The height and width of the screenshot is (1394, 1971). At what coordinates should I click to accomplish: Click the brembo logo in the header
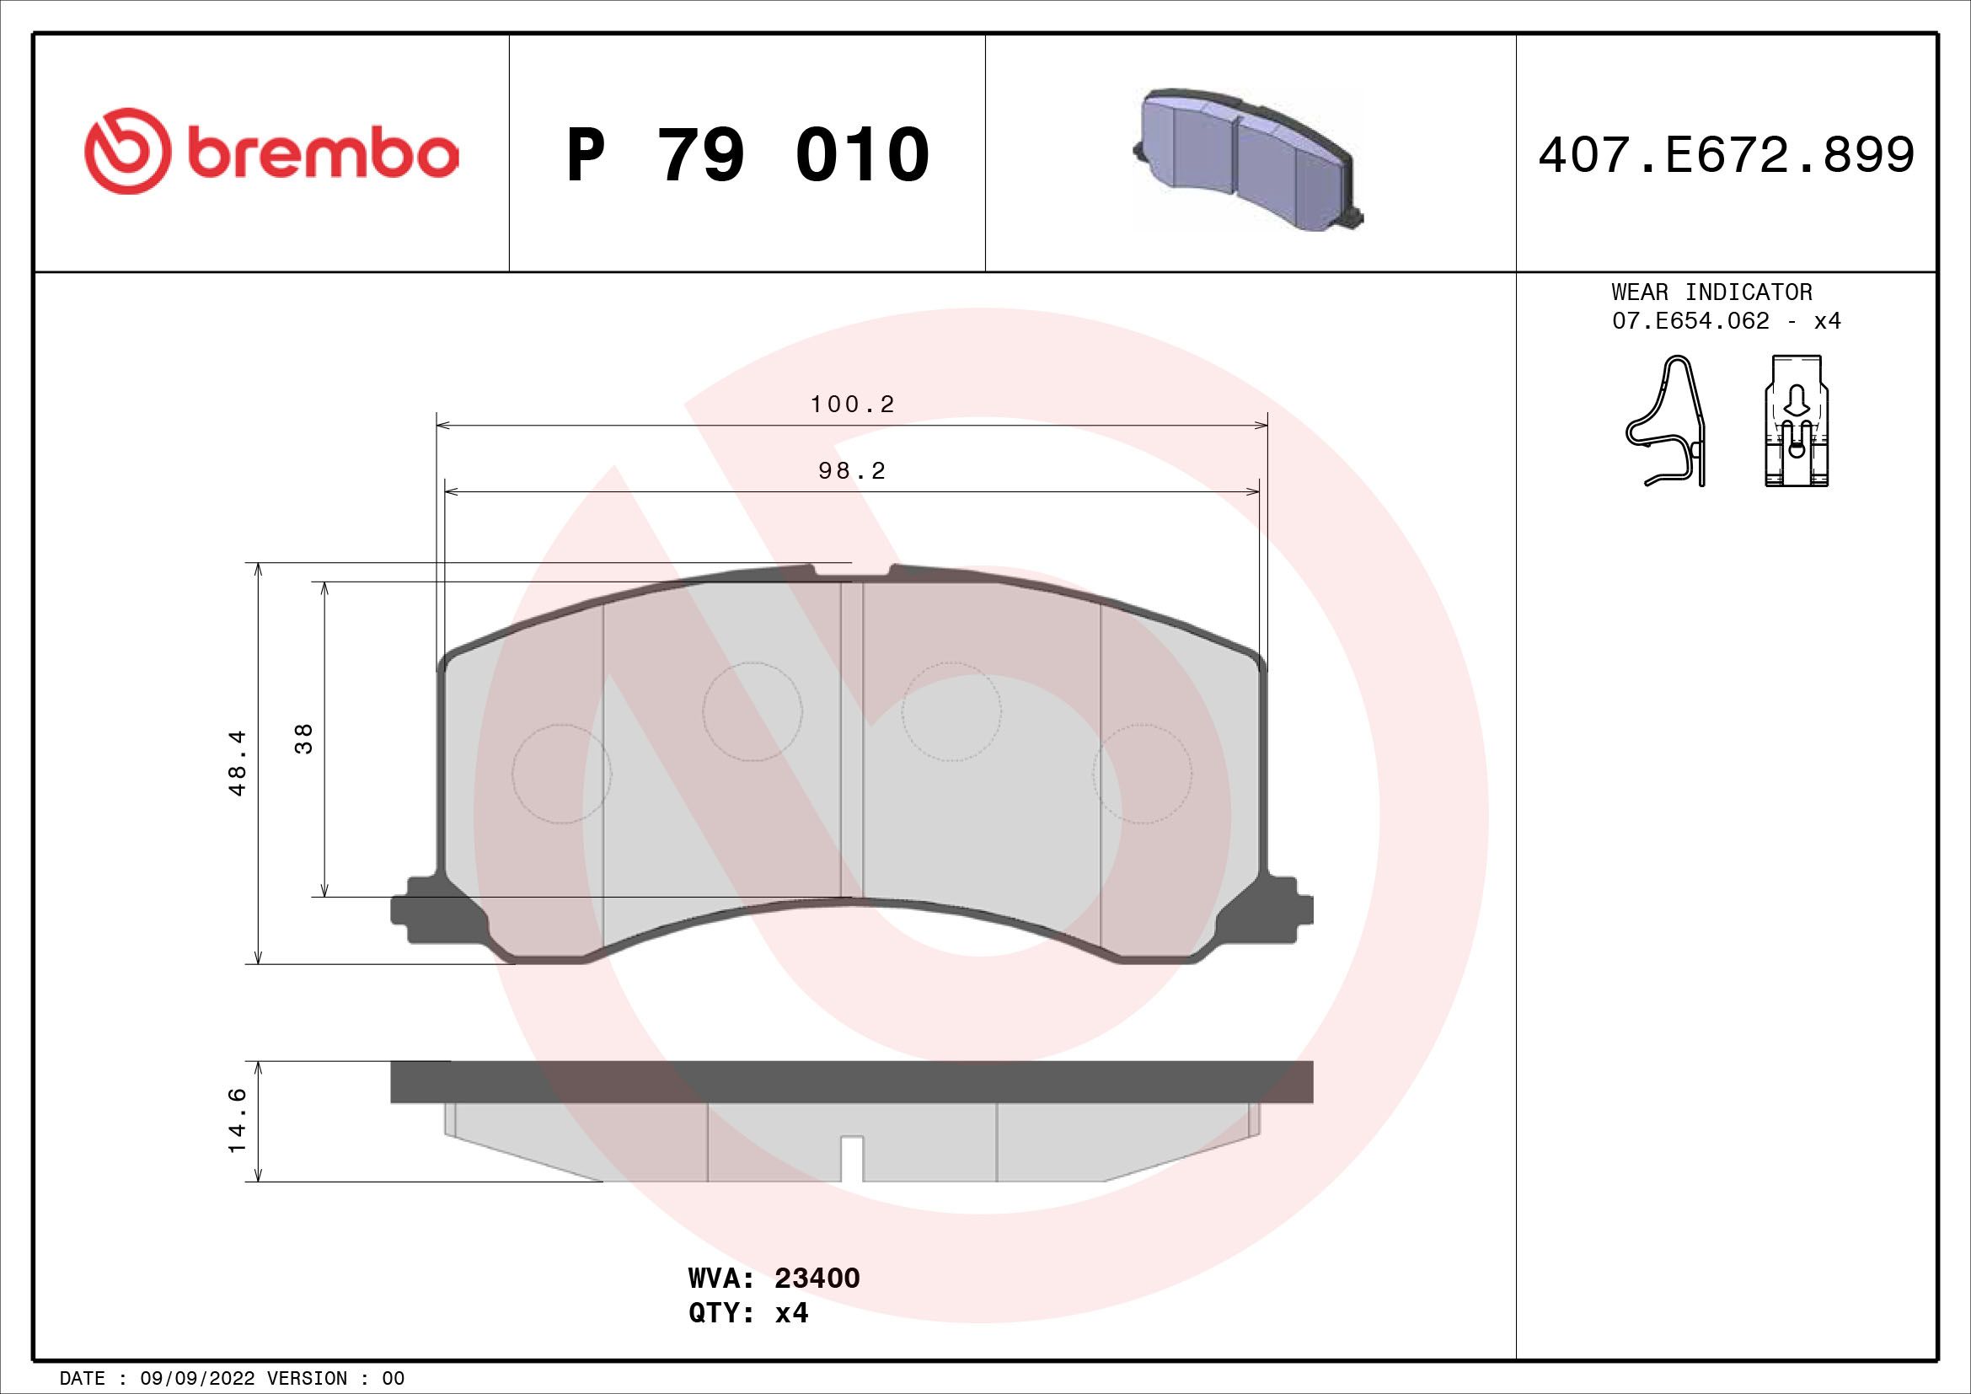(x=271, y=152)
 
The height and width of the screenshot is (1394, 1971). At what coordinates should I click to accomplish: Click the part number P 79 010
(x=747, y=155)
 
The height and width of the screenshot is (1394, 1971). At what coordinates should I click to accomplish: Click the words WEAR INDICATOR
(x=1711, y=292)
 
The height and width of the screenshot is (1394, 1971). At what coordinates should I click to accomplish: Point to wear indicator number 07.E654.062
(x=1690, y=321)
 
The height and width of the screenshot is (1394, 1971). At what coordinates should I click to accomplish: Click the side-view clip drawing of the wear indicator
(x=1665, y=421)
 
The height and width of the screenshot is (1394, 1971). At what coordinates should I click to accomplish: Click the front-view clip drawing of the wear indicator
(x=1796, y=421)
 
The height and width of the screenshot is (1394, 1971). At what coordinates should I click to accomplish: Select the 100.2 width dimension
(x=853, y=405)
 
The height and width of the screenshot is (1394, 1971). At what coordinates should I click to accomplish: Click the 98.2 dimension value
(x=852, y=471)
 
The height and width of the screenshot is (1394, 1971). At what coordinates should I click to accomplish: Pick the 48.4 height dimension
(x=237, y=762)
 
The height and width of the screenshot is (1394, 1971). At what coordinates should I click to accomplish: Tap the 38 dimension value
(x=304, y=738)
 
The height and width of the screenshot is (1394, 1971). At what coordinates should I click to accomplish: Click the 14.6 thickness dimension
(x=237, y=1120)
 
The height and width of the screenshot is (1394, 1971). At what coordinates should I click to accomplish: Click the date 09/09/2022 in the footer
(x=196, y=1379)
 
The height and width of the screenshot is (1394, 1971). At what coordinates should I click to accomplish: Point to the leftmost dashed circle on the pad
(x=561, y=774)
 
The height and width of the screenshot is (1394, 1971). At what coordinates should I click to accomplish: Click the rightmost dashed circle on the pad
(x=1142, y=774)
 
